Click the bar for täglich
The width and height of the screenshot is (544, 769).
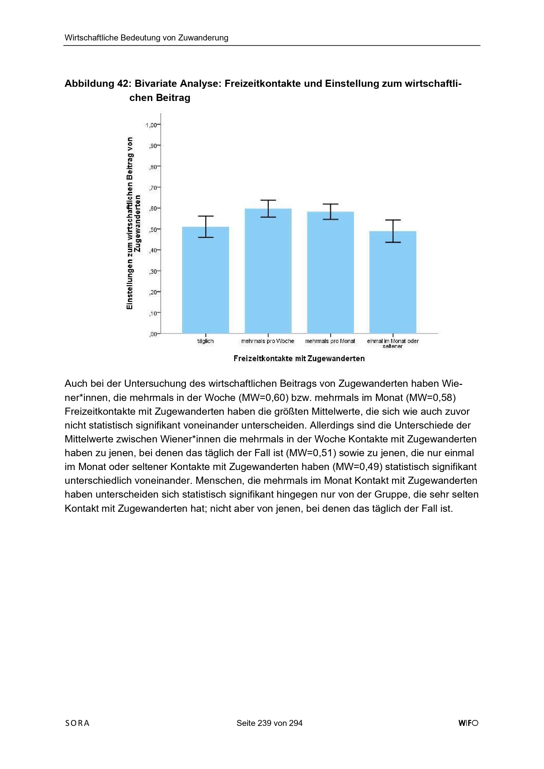pos(205,281)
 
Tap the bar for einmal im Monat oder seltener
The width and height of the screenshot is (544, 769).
pos(393,283)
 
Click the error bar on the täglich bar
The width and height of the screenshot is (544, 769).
pos(206,227)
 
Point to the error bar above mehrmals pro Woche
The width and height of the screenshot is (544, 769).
pos(268,209)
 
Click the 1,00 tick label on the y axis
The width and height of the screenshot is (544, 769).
pos(151,125)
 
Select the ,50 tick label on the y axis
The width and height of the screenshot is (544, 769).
pos(153,230)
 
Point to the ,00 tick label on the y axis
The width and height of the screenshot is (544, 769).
pos(153,334)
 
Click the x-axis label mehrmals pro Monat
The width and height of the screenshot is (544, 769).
pos(330,341)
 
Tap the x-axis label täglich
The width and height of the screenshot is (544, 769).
pos(205,341)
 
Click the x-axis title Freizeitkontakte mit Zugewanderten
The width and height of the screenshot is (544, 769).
pos(299,359)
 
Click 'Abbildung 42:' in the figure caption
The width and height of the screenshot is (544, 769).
pos(96,84)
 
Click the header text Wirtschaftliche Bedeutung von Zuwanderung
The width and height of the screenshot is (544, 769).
pos(146,38)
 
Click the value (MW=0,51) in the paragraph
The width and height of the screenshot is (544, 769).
pos(311,453)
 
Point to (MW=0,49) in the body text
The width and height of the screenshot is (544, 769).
pos(357,467)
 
